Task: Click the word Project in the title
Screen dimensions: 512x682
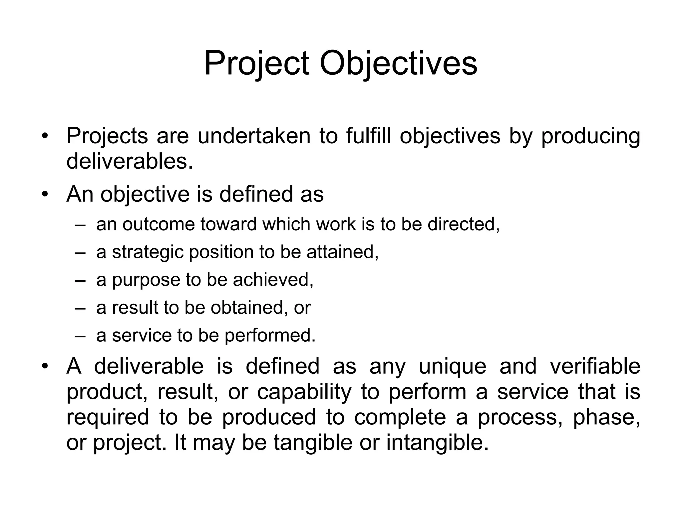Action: coord(256,63)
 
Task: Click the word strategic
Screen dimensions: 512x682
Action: coord(148,252)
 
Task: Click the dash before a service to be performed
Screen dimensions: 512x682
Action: coord(80,336)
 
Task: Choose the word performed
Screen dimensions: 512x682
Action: coord(270,336)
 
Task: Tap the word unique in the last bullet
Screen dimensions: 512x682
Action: coord(452,366)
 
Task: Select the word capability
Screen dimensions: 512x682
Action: coord(304,392)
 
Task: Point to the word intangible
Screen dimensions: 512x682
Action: coord(437,443)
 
